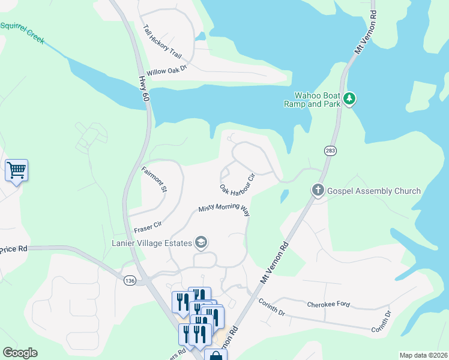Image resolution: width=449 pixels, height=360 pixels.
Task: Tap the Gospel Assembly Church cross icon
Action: point(318,191)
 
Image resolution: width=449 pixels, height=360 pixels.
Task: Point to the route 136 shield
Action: point(130,280)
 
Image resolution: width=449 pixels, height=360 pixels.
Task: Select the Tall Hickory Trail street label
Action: point(162,41)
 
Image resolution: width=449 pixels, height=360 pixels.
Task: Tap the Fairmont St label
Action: point(154,179)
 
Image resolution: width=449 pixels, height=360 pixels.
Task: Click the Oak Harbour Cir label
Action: point(238,185)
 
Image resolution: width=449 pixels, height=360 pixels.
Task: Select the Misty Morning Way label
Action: point(224,209)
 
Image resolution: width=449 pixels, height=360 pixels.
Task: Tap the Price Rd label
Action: point(14,248)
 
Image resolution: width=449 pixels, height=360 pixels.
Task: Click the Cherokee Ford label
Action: point(328,304)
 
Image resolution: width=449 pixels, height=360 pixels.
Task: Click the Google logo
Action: point(20,353)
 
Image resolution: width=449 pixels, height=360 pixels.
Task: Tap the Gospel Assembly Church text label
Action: point(373,191)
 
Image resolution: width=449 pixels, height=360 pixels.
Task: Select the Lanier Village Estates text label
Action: point(151,243)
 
